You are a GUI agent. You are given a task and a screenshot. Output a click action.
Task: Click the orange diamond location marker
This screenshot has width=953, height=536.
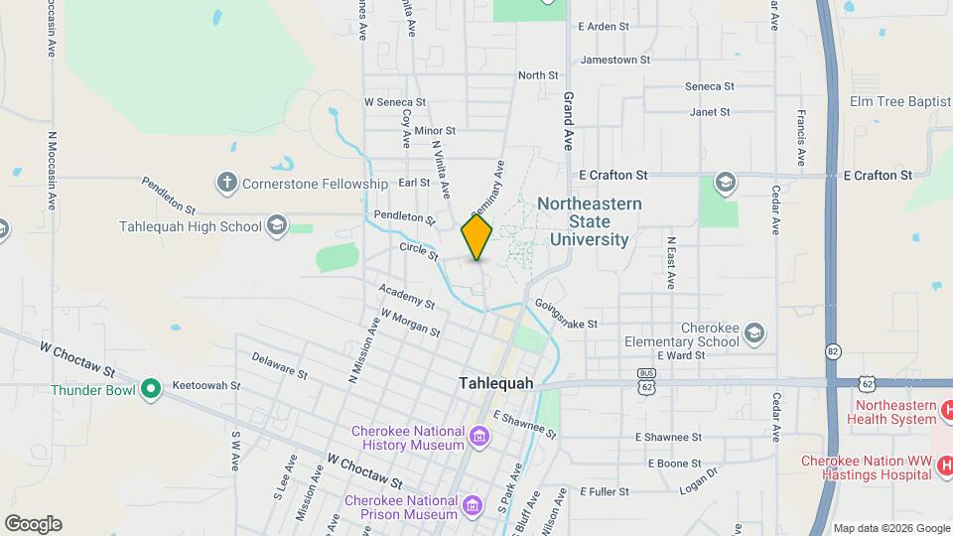[476, 238]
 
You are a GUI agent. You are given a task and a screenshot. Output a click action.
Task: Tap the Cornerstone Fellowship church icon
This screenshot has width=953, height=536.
[226, 183]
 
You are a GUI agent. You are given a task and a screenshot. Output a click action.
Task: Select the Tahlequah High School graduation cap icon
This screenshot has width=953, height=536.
[276, 225]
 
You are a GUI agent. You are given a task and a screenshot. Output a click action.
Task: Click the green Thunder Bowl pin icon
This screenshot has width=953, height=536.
[150, 388]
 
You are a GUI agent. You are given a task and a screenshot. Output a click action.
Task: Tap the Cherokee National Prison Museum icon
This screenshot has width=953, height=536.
[472, 507]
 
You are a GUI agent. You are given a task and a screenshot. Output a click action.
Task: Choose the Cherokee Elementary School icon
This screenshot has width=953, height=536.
[753, 332]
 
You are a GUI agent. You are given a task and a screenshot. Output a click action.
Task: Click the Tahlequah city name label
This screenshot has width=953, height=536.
[495, 383]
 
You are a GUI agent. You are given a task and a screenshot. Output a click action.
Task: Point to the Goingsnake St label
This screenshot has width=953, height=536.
[566, 315]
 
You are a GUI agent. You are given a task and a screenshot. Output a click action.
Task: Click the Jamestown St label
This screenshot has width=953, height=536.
[614, 60]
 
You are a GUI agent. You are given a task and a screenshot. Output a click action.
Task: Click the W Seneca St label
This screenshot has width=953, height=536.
[394, 101]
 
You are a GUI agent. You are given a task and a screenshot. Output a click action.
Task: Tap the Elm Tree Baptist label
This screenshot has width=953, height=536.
[900, 101]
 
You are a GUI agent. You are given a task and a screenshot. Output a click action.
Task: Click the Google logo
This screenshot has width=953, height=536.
[33, 523]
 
